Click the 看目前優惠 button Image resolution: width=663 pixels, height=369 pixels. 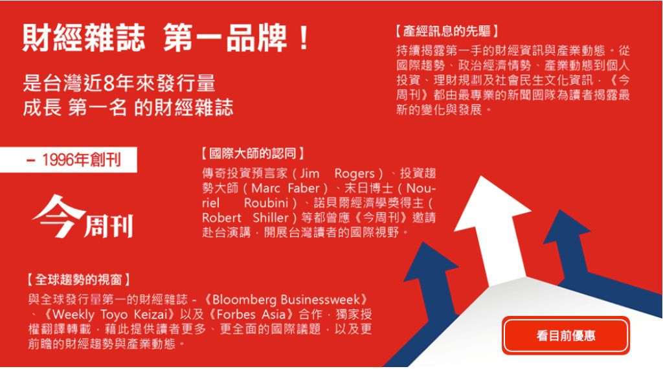(x=566, y=335)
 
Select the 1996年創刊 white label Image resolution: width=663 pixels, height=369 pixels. (x=69, y=160)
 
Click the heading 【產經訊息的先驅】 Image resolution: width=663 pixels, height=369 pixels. (x=447, y=31)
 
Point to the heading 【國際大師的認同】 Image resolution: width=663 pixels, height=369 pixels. (x=253, y=153)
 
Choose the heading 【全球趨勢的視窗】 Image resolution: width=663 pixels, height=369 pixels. (x=78, y=280)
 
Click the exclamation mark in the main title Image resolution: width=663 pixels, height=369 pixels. (x=303, y=38)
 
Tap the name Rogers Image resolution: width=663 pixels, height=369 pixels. (x=354, y=173)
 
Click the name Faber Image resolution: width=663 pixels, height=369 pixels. (x=304, y=188)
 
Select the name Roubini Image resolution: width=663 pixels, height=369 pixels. (x=266, y=203)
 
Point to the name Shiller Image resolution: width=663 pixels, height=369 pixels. (x=271, y=218)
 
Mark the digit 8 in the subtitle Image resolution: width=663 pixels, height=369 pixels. (x=108, y=84)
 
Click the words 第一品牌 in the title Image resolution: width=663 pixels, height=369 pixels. (x=225, y=38)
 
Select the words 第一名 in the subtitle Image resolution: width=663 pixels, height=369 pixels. (x=97, y=107)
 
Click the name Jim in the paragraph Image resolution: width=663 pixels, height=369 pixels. (x=309, y=173)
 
